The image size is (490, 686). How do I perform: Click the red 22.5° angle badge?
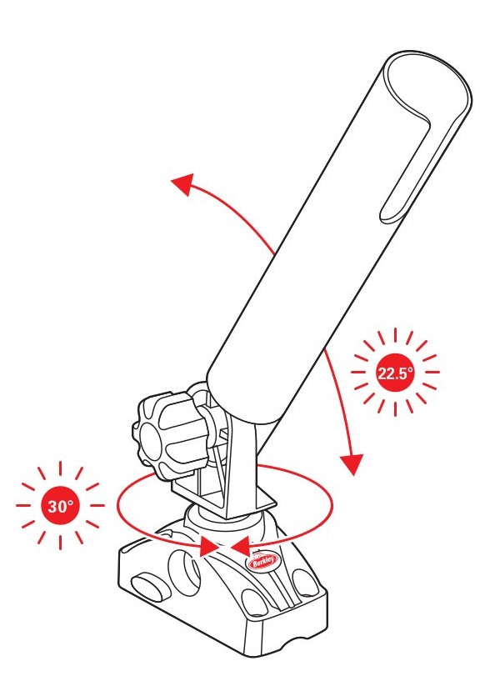pyautogui.click(x=395, y=373)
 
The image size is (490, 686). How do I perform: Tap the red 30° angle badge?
pyautogui.click(x=60, y=506)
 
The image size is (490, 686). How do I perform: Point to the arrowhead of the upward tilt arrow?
pyautogui.click(x=183, y=183)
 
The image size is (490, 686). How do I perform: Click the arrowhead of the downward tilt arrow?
pyautogui.click(x=351, y=463)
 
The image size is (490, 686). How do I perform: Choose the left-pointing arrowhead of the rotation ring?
pyautogui.click(x=240, y=547)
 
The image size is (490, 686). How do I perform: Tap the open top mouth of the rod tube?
pyautogui.click(x=427, y=88)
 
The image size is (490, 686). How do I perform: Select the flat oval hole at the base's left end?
pyautogui.click(x=150, y=586)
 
